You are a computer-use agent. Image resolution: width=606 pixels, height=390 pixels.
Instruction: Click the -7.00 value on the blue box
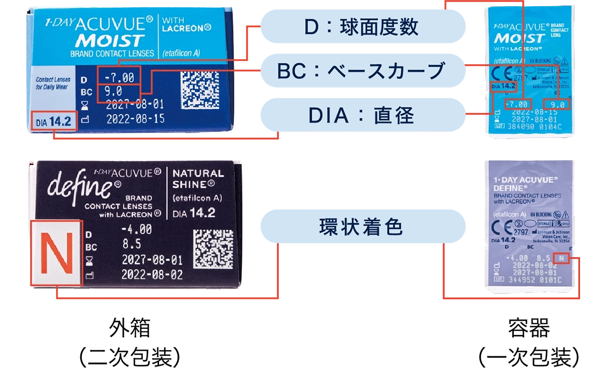(119, 78)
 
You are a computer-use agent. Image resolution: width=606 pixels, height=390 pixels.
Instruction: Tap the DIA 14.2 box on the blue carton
(54, 123)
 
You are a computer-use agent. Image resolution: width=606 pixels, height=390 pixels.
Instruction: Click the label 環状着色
(361, 227)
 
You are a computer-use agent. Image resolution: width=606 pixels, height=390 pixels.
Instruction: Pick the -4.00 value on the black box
(136, 229)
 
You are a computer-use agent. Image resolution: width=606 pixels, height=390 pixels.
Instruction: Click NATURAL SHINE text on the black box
(198, 179)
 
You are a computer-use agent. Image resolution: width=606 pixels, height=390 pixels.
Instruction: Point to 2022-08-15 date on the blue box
(135, 119)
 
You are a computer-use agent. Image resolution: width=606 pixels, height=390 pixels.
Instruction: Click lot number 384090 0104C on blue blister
(531, 125)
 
